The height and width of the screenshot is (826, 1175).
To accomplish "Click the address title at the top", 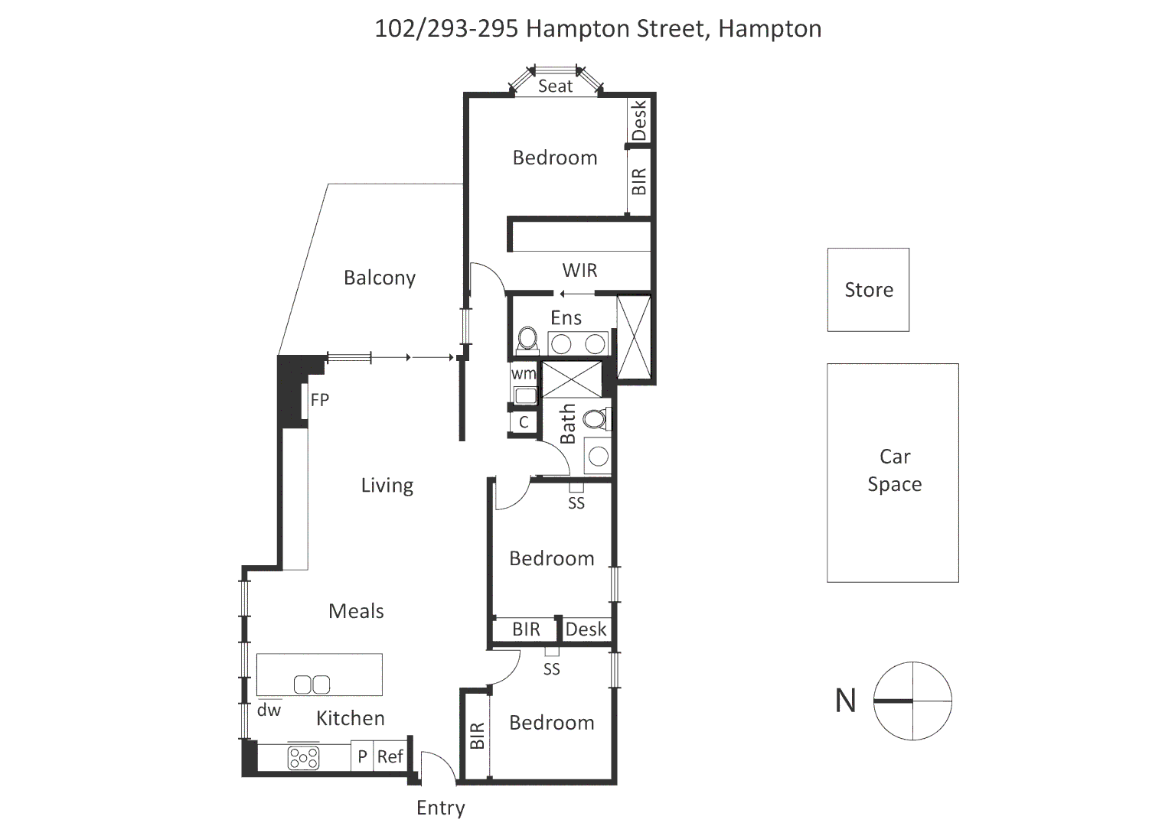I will pyautogui.click(x=597, y=28).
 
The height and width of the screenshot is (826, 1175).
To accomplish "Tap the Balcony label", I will pyautogui.click(x=379, y=278).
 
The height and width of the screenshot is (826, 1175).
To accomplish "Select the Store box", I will pyautogui.click(x=868, y=290).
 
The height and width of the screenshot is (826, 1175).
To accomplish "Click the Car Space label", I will pyautogui.click(x=894, y=470).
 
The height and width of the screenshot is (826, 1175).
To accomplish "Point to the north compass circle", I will pyautogui.click(x=912, y=701).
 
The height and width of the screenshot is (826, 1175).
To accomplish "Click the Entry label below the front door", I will pyautogui.click(x=440, y=808).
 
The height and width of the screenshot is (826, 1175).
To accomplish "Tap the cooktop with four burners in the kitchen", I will pyautogui.click(x=303, y=758).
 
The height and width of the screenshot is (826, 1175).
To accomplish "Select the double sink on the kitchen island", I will pyautogui.click(x=312, y=684).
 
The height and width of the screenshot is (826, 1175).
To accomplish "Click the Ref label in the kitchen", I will pyautogui.click(x=390, y=756).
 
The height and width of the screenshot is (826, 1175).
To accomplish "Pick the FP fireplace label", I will pyautogui.click(x=319, y=400).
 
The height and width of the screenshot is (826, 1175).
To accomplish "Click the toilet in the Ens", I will pyautogui.click(x=527, y=339).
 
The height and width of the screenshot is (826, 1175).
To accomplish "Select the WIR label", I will pyautogui.click(x=579, y=270).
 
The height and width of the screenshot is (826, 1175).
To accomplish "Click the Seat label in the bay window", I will pyautogui.click(x=555, y=86).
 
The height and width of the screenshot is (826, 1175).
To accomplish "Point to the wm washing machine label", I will pyautogui.click(x=524, y=374).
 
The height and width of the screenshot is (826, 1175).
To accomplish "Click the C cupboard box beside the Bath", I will pyautogui.click(x=524, y=422).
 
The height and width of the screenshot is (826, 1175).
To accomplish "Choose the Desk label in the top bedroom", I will pyautogui.click(x=639, y=120).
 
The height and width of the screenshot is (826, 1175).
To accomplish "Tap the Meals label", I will pyautogui.click(x=356, y=611).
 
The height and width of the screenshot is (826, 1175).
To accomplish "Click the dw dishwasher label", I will pyautogui.click(x=269, y=710).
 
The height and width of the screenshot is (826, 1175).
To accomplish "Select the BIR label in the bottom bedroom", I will pyautogui.click(x=477, y=736).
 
